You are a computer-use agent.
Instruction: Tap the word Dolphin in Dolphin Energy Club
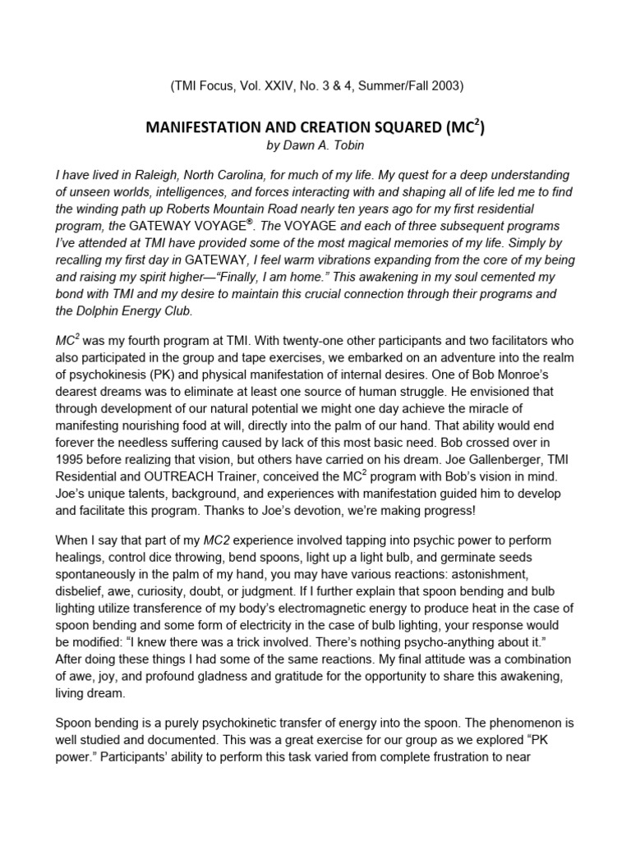(x=104, y=310)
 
